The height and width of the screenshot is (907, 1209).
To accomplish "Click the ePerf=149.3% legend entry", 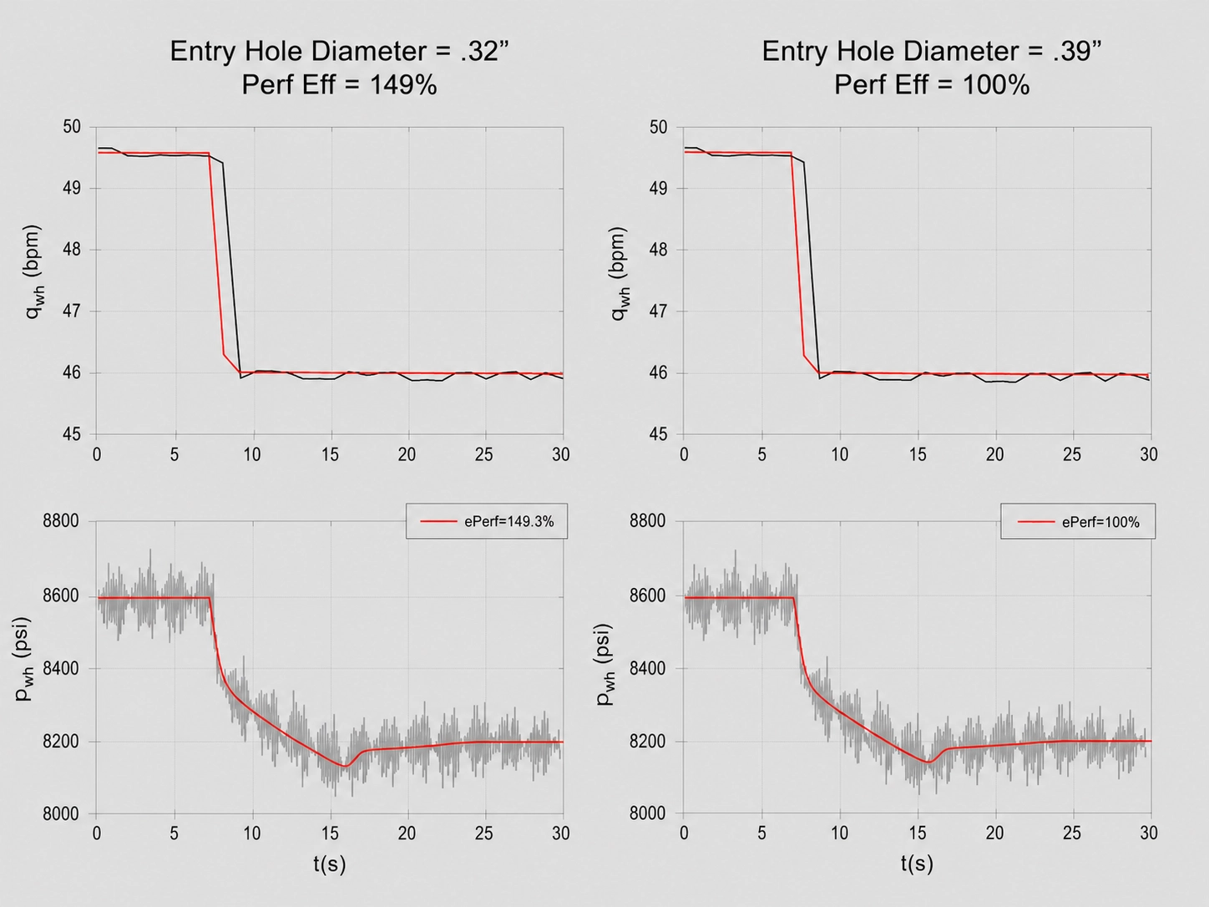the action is [x=487, y=521].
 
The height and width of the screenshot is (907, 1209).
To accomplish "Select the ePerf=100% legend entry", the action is [x=1079, y=521].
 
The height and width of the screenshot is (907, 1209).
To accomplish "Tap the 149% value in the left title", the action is [x=403, y=85].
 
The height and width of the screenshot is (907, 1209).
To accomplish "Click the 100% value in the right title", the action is [x=996, y=85].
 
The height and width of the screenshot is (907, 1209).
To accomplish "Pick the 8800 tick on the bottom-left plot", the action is [x=61, y=520].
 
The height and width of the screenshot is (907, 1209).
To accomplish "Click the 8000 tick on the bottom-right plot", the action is [x=648, y=813].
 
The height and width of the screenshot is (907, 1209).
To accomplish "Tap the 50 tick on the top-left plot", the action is [x=71, y=127].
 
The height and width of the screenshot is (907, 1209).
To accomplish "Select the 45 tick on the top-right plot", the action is [x=658, y=434].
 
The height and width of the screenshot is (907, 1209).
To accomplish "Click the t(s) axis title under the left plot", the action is [x=329, y=864].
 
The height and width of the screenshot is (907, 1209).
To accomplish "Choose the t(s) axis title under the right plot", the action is [x=917, y=864].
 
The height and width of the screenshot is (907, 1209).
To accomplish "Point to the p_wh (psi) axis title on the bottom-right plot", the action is [x=604, y=665].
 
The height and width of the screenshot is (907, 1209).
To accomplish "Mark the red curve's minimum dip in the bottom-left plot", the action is [x=345, y=766].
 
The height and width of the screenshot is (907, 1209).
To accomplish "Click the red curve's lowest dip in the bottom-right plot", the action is [x=929, y=763].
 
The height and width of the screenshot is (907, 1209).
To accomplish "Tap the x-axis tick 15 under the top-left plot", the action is [x=330, y=454].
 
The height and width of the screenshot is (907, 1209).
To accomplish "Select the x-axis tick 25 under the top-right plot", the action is [x=1072, y=454].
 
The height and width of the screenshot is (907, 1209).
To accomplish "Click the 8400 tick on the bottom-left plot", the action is [x=61, y=668].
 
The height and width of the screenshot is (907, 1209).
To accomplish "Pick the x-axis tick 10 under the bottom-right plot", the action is [x=839, y=834].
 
